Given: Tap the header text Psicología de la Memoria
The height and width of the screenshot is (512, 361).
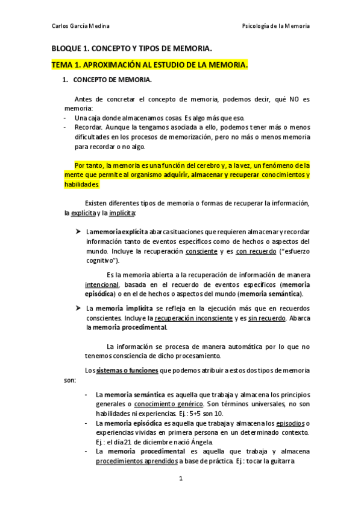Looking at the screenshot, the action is (x=275, y=26).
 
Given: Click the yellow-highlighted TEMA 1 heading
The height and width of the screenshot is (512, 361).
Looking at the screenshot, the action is (x=149, y=65).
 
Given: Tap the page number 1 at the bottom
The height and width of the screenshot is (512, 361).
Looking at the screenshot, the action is (x=180, y=496).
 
